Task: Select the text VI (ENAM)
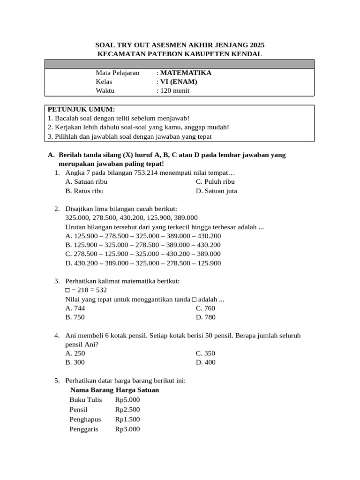pos(179,82)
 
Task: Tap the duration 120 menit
pos(175,91)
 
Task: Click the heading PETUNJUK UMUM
pos(81,109)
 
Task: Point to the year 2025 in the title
pos(255,45)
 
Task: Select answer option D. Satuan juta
pos(217,191)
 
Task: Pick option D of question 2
pos(143,263)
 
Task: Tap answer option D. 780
pos(206,317)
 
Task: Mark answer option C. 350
pos(206,353)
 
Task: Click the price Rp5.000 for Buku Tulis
pos(127,400)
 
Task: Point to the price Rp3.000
pos(127,429)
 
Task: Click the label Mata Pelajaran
pos(118,73)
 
